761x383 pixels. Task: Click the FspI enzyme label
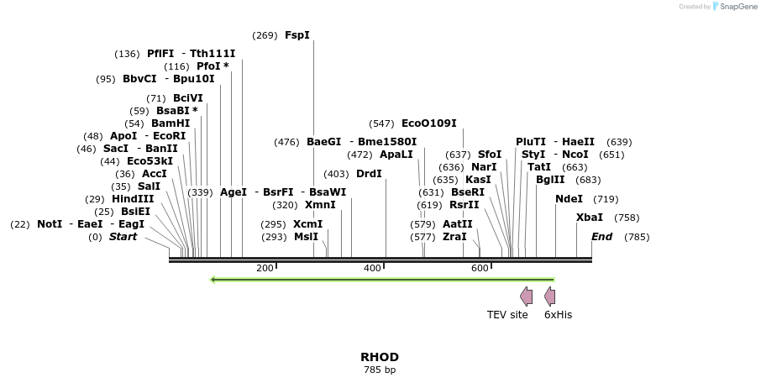(x=297, y=35)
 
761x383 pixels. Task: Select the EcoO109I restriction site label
(x=429, y=123)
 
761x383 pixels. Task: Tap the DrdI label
(x=369, y=174)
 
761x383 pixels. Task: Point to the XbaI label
(x=590, y=218)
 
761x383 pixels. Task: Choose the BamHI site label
(x=171, y=123)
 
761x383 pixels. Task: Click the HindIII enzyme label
(x=133, y=199)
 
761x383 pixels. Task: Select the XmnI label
(x=320, y=205)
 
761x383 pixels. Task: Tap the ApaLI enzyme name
(x=396, y=155)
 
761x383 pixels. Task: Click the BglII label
(x=550, y=180)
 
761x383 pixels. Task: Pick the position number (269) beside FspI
(x=265, y=35)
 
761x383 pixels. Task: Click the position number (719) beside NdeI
(x=606, y=199)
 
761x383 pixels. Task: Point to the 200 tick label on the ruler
(x=265, y=268)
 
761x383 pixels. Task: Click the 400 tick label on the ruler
(x=372, y=268)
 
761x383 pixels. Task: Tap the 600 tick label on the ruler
(x=480, y=268)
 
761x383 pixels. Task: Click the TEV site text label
(x=507, y=315)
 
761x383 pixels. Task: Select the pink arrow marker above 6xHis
(x=549, y=296)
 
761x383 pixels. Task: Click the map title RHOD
(x=380, y=357)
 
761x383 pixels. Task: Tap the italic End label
(x=602, y=237)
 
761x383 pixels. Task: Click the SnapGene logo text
(x=735, y=7)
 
